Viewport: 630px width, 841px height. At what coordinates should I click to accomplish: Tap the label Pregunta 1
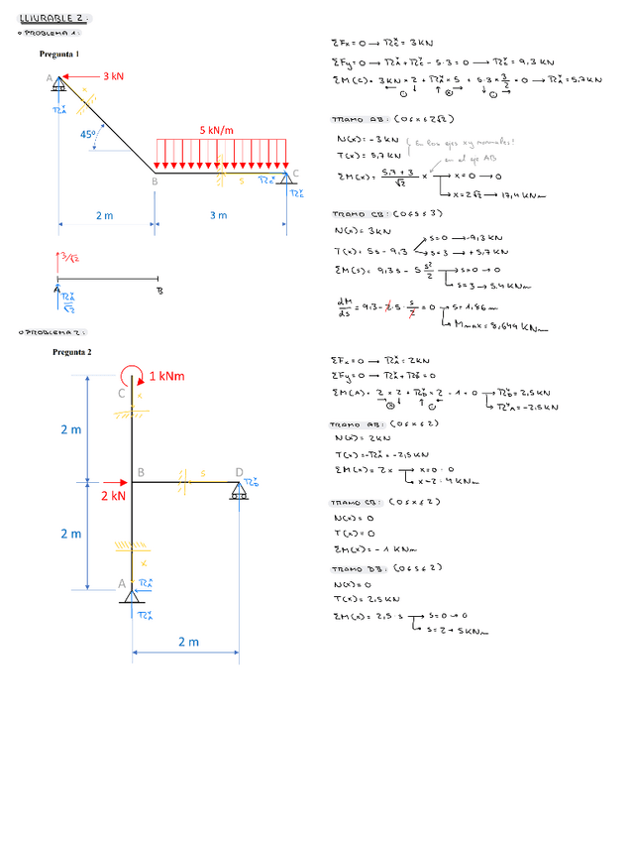pos(59,55)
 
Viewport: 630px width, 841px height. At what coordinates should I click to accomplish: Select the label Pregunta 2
pos(72,352)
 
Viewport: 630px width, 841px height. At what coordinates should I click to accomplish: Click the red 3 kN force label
pos(114,75)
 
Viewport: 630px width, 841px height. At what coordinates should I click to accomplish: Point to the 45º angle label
pos(89,134)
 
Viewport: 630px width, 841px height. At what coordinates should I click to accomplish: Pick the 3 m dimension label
pos(218,215)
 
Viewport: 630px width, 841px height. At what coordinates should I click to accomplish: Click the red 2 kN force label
pos(113,495)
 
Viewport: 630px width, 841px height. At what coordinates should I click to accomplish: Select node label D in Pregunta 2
pos(239,471)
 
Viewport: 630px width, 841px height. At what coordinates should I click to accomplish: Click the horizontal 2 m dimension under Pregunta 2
pos(187,642)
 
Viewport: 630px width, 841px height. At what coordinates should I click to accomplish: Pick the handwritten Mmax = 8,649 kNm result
pos(494,325)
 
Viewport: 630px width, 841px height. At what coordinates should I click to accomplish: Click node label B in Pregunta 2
pos(141,472)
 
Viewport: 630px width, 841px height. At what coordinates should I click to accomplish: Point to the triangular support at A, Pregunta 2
pos(131,594)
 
